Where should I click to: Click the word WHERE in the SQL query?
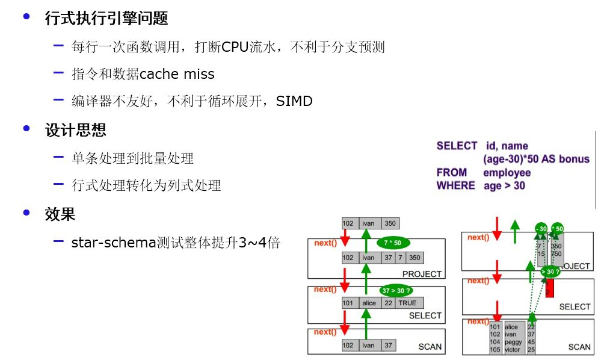(x=455, y=185)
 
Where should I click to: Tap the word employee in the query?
(x=507, y=173)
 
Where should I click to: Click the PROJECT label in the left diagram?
(x=422, y=274)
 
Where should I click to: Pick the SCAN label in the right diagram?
(x=579, y=347)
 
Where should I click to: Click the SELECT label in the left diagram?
(x=425, y=315)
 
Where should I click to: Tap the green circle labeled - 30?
(x=541, y=229)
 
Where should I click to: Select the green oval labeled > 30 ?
(x=550, y=272)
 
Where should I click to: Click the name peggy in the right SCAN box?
(x=513, y=342)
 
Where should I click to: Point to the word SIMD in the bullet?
(x=294, y=101)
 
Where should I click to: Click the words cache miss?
(x=177, y=74)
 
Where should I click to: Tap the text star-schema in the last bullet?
(x=112, y=243)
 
